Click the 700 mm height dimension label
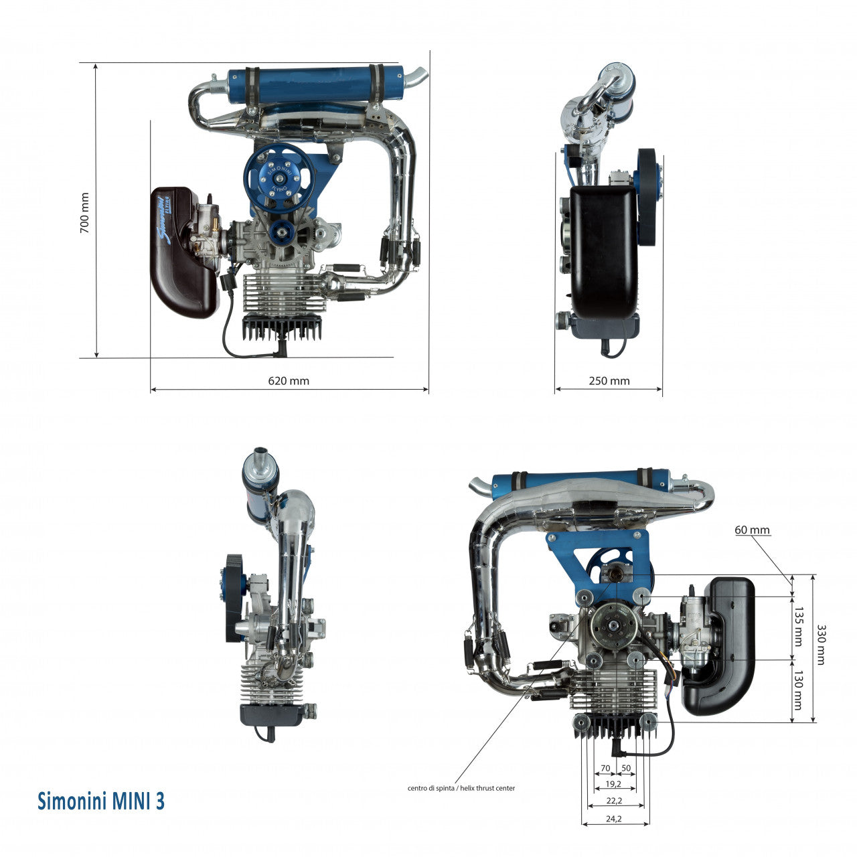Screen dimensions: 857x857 pos(84,213)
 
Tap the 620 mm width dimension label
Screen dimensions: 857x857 pos(288,381)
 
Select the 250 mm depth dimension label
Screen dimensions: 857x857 pos(609,381)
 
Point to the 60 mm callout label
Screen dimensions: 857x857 pos(752,530)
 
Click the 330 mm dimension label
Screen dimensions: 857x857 pos(821,644)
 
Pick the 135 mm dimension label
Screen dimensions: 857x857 pos(799,627)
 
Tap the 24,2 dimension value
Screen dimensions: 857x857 pos(614,819)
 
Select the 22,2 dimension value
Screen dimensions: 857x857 pos(614,801)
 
